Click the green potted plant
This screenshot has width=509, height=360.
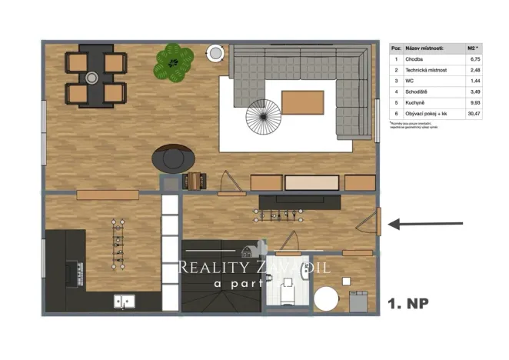point(174,62)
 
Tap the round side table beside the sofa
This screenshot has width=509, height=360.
point(215,52)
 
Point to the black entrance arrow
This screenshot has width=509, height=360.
point(427,225)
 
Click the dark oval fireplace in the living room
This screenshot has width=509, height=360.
point(172,158)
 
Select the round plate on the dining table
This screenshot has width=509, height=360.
point(92,77)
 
